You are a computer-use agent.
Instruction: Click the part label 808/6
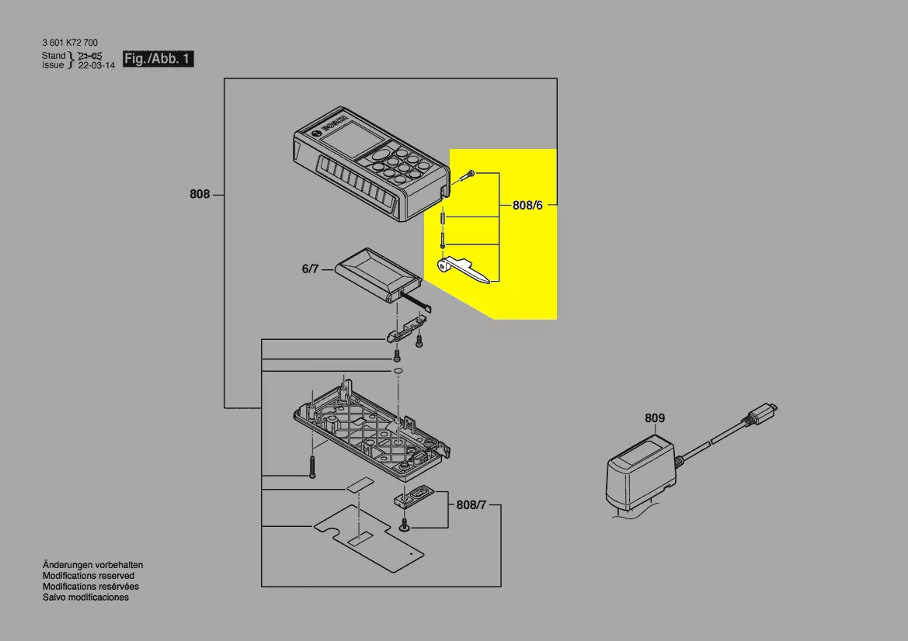point(527,206)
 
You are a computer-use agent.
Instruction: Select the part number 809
point(654,418)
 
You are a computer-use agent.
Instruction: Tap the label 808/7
point(471,505)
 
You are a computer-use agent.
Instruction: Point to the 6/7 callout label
point(311,269)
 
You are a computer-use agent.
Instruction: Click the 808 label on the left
point(200,194)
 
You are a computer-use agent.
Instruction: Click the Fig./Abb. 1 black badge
point(158,59)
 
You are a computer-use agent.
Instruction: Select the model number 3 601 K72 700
point(70,42)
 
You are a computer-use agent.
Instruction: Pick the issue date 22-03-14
point(97,65)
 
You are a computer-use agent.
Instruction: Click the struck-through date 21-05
point(90,56)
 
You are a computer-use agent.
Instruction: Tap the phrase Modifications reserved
point(88,576)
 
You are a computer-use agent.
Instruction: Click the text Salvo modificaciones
point(85,597)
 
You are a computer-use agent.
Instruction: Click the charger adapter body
point(641,475)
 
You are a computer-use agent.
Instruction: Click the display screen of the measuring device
point(352,141)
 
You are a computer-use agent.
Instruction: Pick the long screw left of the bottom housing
point(313,466)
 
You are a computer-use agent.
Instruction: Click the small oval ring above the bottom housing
point(397,371)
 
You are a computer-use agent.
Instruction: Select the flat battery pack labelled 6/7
point(377,275)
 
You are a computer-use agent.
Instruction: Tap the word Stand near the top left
point(54,56)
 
